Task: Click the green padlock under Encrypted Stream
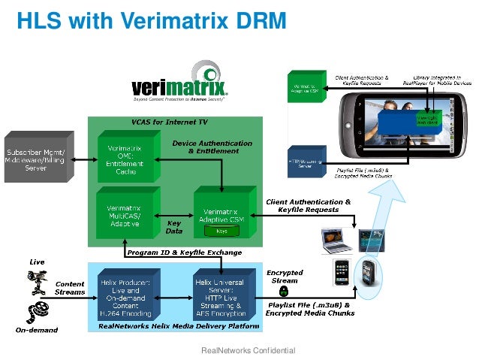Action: click(x=285, y=289)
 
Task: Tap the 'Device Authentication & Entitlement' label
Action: click(x=206, y=147)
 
